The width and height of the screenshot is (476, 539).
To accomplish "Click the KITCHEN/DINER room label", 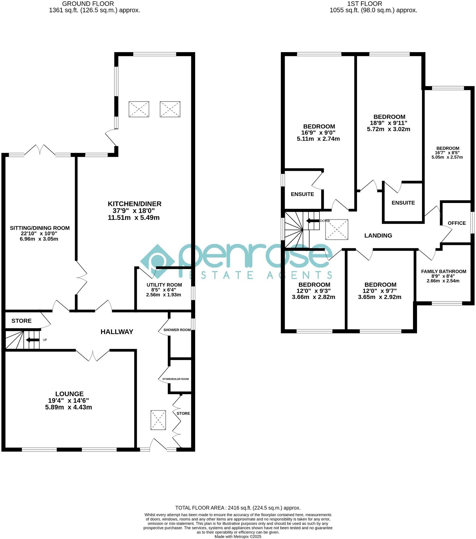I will (134, 204).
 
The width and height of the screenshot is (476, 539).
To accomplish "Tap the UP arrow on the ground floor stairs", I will (32, 340).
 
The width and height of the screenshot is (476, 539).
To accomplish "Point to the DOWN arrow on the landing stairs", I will (312, 221).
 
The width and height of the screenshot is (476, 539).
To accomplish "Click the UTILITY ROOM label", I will (164, 285).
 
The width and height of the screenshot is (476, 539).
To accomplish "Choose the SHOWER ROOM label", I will (177, 330).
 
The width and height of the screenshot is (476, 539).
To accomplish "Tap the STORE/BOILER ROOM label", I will (175, 379).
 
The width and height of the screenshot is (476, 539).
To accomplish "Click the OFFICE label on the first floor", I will (456, 223).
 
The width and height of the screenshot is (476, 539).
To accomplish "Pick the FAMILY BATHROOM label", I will (443, 271).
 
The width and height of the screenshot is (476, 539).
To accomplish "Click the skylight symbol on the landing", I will (336, 229).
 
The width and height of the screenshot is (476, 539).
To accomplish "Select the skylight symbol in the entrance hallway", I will (158, 420).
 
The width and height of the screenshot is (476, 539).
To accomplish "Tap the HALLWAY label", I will (117, 332).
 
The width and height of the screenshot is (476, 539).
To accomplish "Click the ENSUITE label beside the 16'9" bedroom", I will (302, 194).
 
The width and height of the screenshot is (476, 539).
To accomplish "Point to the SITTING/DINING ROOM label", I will (40, 228).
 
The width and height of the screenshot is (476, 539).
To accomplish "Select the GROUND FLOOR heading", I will (88, 4).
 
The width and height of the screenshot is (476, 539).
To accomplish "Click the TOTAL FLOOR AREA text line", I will (237, 508).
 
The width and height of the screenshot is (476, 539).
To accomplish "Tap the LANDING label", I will (378, 235).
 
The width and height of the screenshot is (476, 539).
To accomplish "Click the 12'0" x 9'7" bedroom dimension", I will (379, 291).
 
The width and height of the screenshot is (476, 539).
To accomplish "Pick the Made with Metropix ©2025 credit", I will (237, 537).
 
